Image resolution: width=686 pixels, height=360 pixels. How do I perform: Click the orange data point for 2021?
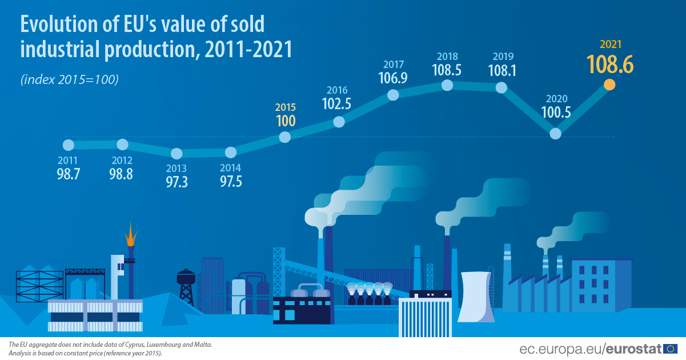(609, 85)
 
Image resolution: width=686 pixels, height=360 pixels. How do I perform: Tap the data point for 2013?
(176, 153)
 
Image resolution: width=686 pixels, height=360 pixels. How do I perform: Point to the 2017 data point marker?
(393, 95)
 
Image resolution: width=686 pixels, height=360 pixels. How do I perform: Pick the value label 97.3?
(176, 182)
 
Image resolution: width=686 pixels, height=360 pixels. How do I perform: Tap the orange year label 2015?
(285, 107)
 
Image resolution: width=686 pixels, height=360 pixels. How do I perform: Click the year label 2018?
(448, 57)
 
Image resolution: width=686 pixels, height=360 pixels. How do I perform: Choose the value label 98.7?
(68, 174)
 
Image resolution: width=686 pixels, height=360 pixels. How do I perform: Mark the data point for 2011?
(69, 145)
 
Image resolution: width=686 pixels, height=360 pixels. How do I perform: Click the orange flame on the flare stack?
(131, 233)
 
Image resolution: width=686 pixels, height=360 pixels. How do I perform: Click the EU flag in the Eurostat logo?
(671, 348)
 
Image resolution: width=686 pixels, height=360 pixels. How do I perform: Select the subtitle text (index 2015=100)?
(69, 80)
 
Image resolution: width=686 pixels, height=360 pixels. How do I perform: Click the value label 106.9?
(393, 78)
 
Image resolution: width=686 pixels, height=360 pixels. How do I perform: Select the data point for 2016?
(339, 122)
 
